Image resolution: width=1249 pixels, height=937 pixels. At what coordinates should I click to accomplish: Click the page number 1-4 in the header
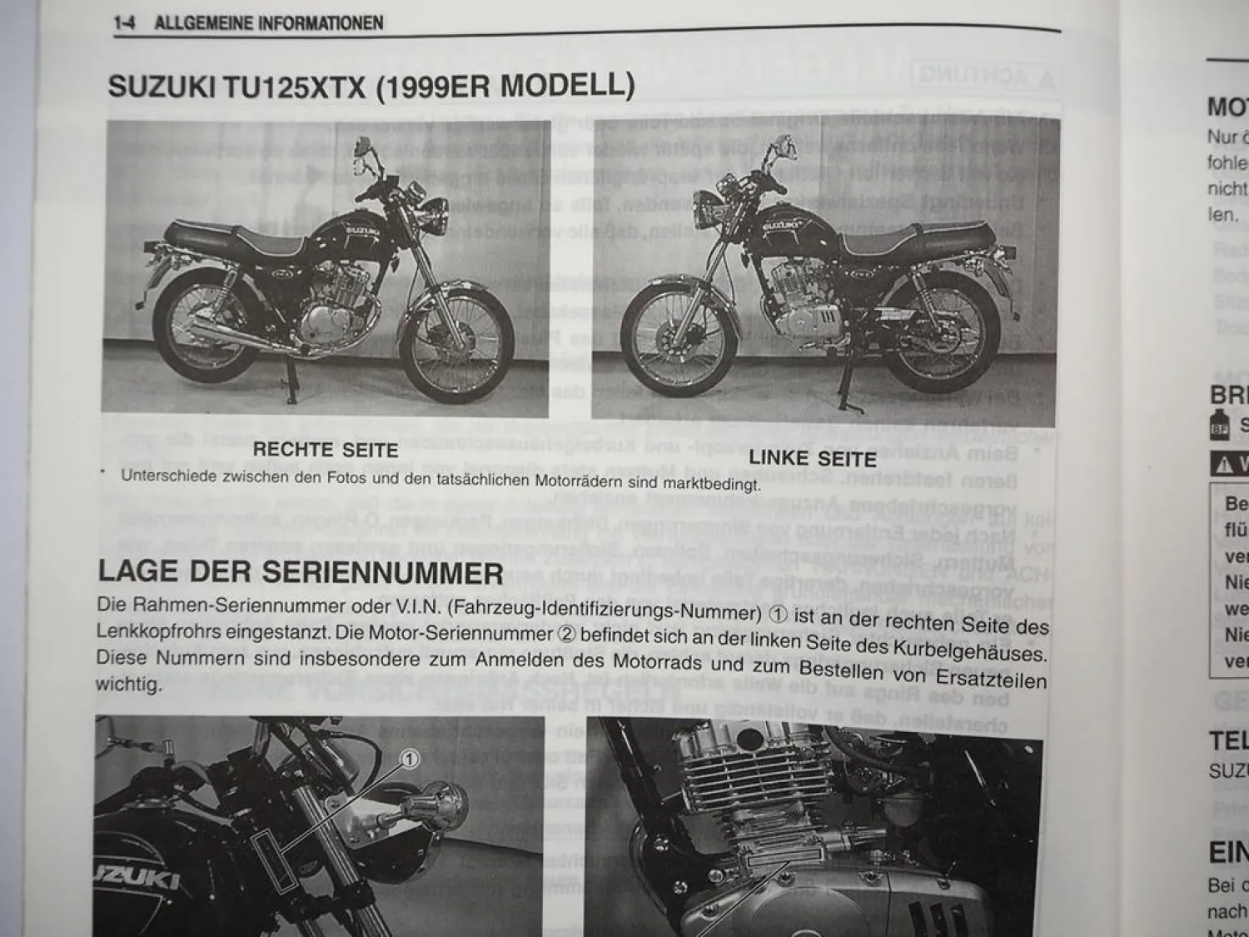(x=124, y=22)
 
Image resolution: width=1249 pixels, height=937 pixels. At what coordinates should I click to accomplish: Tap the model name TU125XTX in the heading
(x=294, y=87)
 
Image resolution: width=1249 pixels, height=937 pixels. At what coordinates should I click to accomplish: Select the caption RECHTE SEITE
(x=326, y=449)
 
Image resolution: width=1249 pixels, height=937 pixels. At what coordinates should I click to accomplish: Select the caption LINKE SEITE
(x=812, y=458)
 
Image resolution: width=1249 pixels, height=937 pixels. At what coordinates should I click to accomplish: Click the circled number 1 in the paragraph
(x=776, y=614)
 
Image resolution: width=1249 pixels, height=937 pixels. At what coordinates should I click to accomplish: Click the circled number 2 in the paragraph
(x=565, y=634)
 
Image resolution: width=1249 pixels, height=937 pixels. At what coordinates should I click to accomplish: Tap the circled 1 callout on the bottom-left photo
(x=410, y=759)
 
